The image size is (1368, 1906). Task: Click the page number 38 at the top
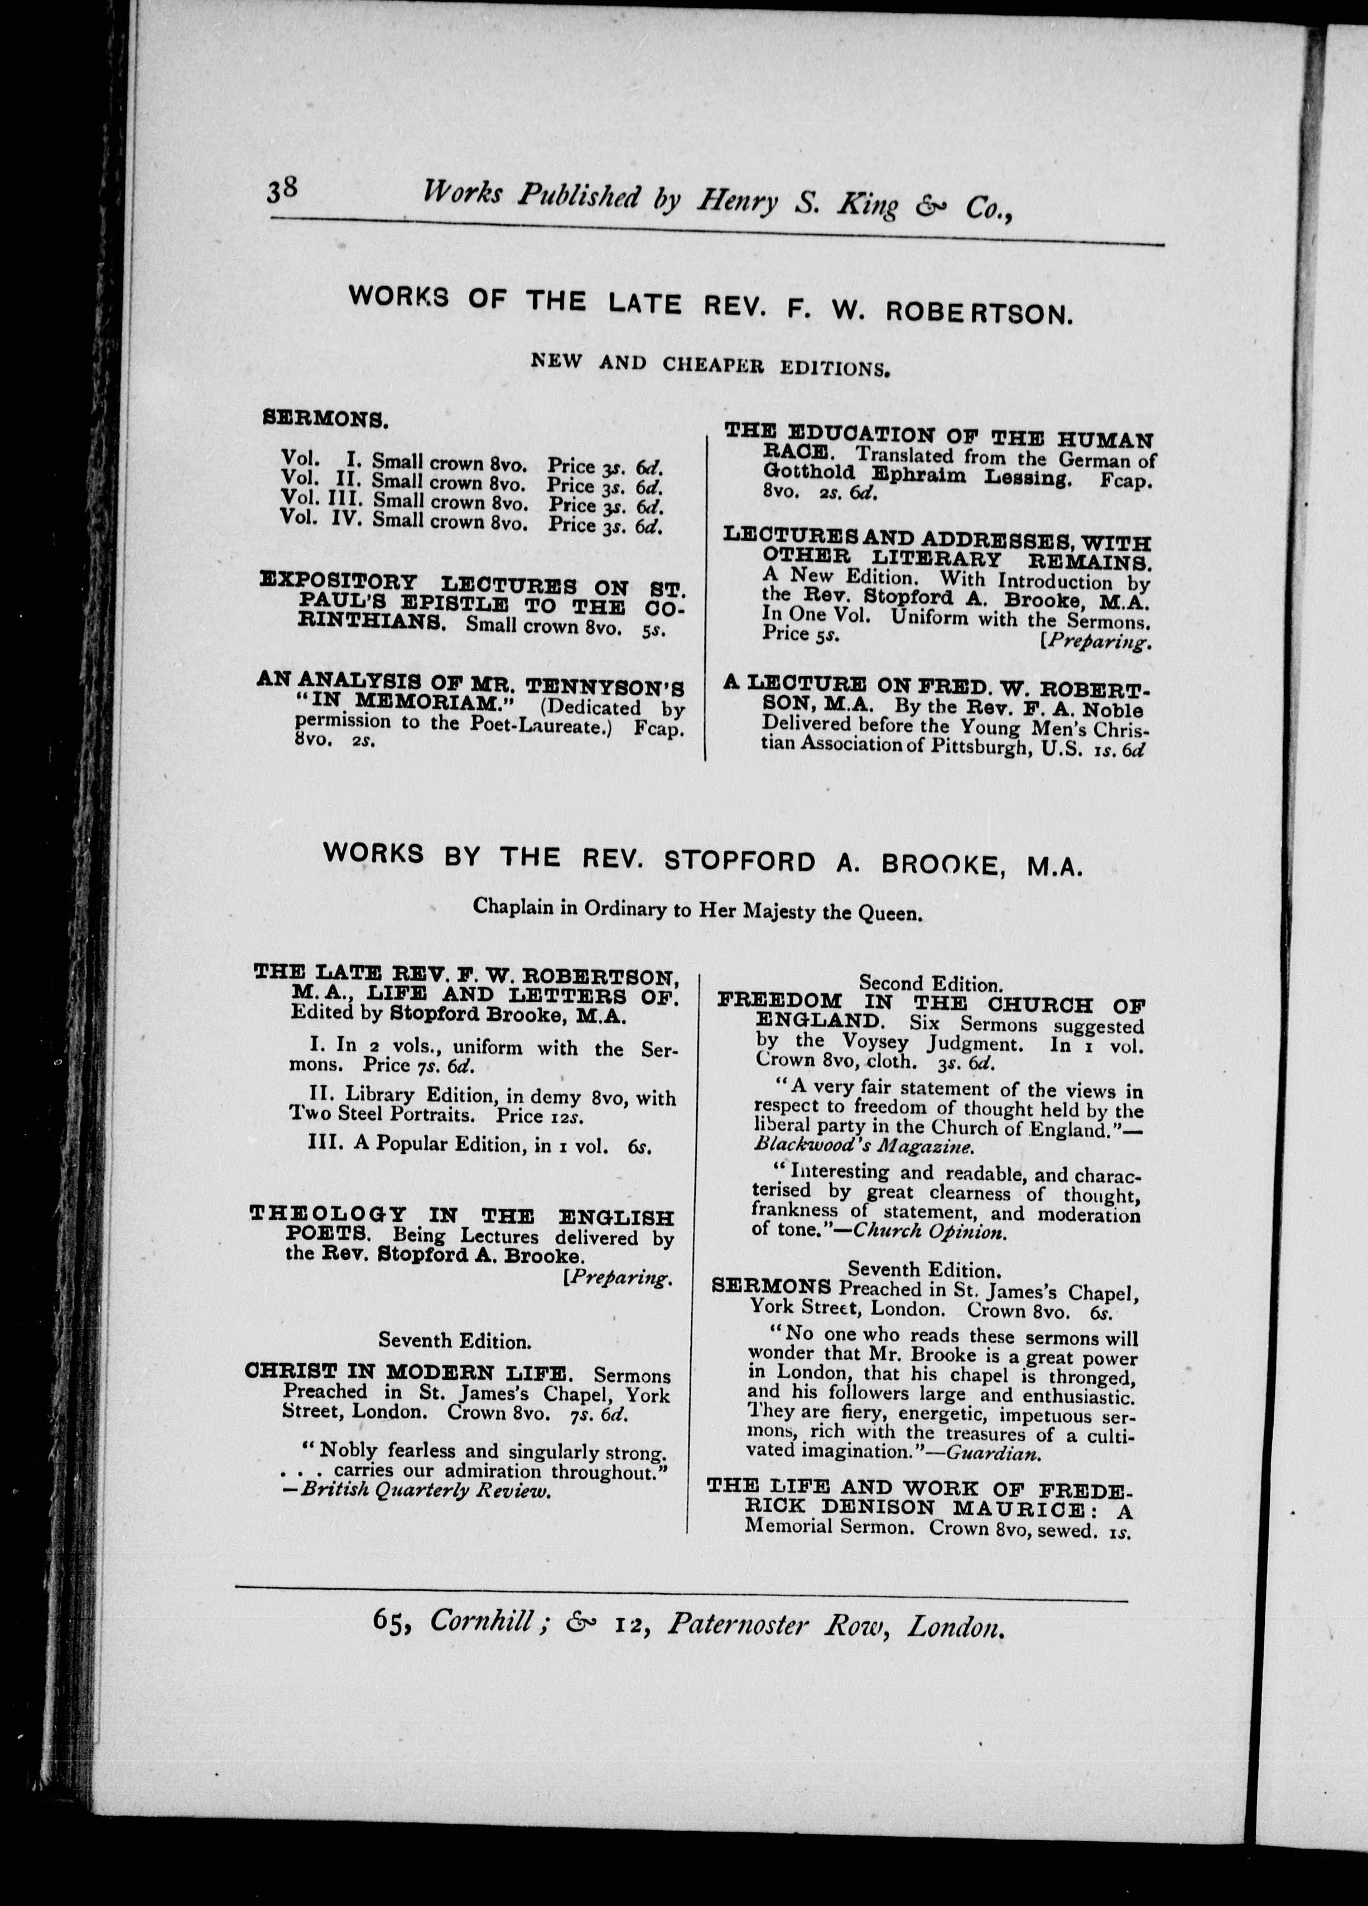click(x=282, y=191)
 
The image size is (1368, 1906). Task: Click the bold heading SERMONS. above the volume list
click(x=325, y=420)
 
